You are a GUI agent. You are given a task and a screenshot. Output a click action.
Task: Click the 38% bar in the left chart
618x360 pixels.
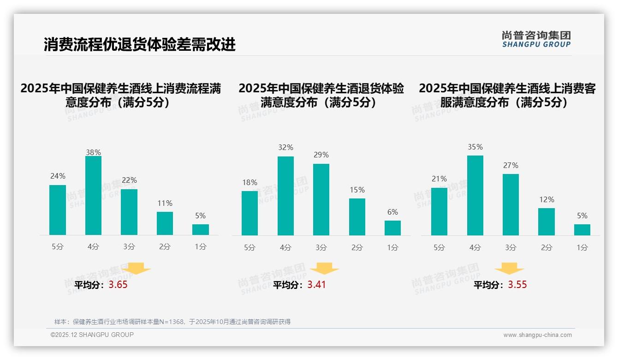pos(93,196)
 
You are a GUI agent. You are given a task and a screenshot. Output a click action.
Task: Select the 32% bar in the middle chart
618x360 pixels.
pos(285,196)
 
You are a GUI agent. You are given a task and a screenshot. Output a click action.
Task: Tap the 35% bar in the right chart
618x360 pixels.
pos(475,195)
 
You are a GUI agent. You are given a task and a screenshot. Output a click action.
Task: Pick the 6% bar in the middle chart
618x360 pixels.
pos(392,228)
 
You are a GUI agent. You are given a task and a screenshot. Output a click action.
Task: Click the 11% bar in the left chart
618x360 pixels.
pos(165,223)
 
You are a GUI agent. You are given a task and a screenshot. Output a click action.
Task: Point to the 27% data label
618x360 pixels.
pos(511,165)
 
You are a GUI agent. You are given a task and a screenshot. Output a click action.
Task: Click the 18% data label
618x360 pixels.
pos(250,182)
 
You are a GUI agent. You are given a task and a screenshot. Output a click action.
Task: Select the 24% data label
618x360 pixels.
pos(58,176)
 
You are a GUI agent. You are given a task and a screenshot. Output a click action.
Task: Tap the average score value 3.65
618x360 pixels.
pos(118,285)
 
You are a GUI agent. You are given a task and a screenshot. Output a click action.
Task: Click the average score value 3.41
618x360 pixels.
pos(316,285)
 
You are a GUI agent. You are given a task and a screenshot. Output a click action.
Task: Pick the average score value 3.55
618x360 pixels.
pos(517,285)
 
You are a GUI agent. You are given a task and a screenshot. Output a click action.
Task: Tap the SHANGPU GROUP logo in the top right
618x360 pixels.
pos(536,39)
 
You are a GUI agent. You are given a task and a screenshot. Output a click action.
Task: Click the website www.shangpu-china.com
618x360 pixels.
pos(537,335)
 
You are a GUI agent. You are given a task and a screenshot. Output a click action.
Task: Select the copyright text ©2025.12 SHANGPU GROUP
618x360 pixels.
pos(92,335)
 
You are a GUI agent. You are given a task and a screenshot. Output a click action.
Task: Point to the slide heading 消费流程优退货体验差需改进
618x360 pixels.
pos(139,45)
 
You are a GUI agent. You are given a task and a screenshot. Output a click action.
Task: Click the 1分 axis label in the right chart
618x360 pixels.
pos(582,247)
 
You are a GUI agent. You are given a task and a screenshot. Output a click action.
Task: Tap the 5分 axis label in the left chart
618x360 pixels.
pos(58,246)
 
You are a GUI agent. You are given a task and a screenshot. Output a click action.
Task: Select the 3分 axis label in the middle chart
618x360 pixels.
pos(321,247)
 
